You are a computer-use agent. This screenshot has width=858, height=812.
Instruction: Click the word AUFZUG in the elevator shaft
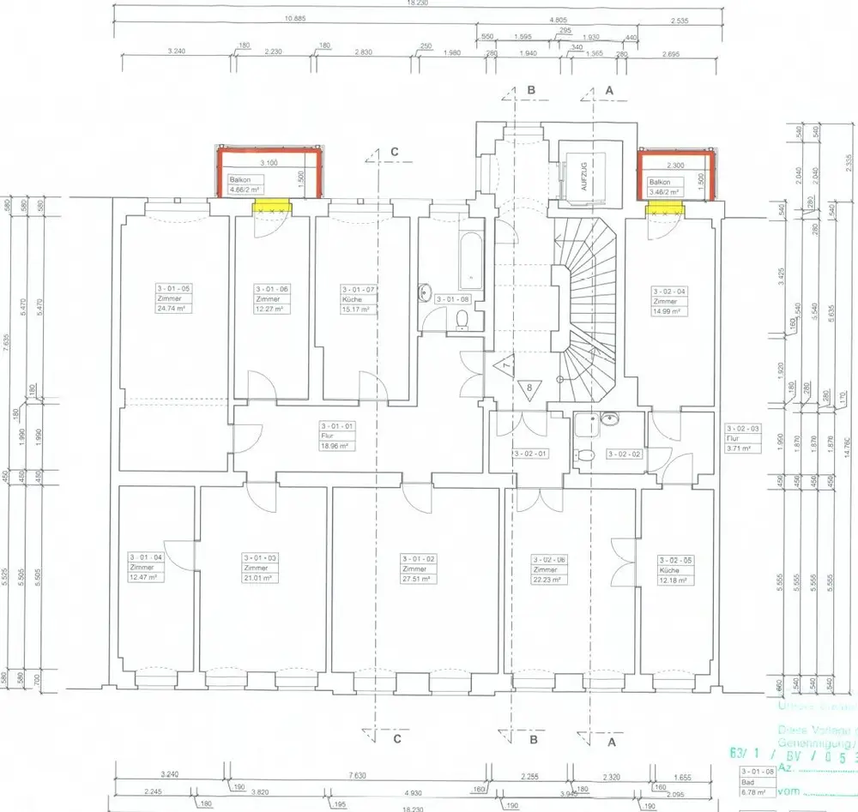coord(583,177)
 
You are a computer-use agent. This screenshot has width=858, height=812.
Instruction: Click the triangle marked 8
coord(529,388)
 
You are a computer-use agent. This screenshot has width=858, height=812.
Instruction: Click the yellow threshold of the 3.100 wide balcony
coord(272,207)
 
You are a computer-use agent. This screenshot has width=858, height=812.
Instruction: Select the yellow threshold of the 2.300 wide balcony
coord(665,207)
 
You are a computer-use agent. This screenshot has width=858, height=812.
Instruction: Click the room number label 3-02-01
coord(529,453)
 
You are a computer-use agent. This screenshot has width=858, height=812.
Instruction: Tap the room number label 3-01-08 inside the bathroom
coord(452,299)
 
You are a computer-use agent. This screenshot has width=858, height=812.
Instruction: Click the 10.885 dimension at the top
coord(295,19)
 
